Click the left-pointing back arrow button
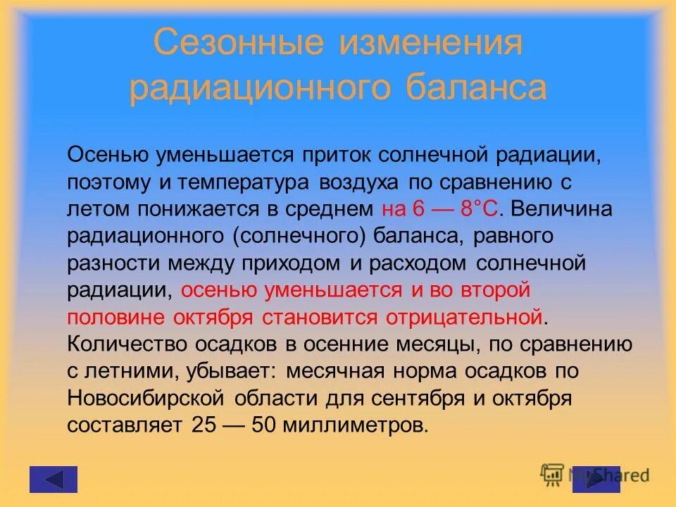click(54, 479)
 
